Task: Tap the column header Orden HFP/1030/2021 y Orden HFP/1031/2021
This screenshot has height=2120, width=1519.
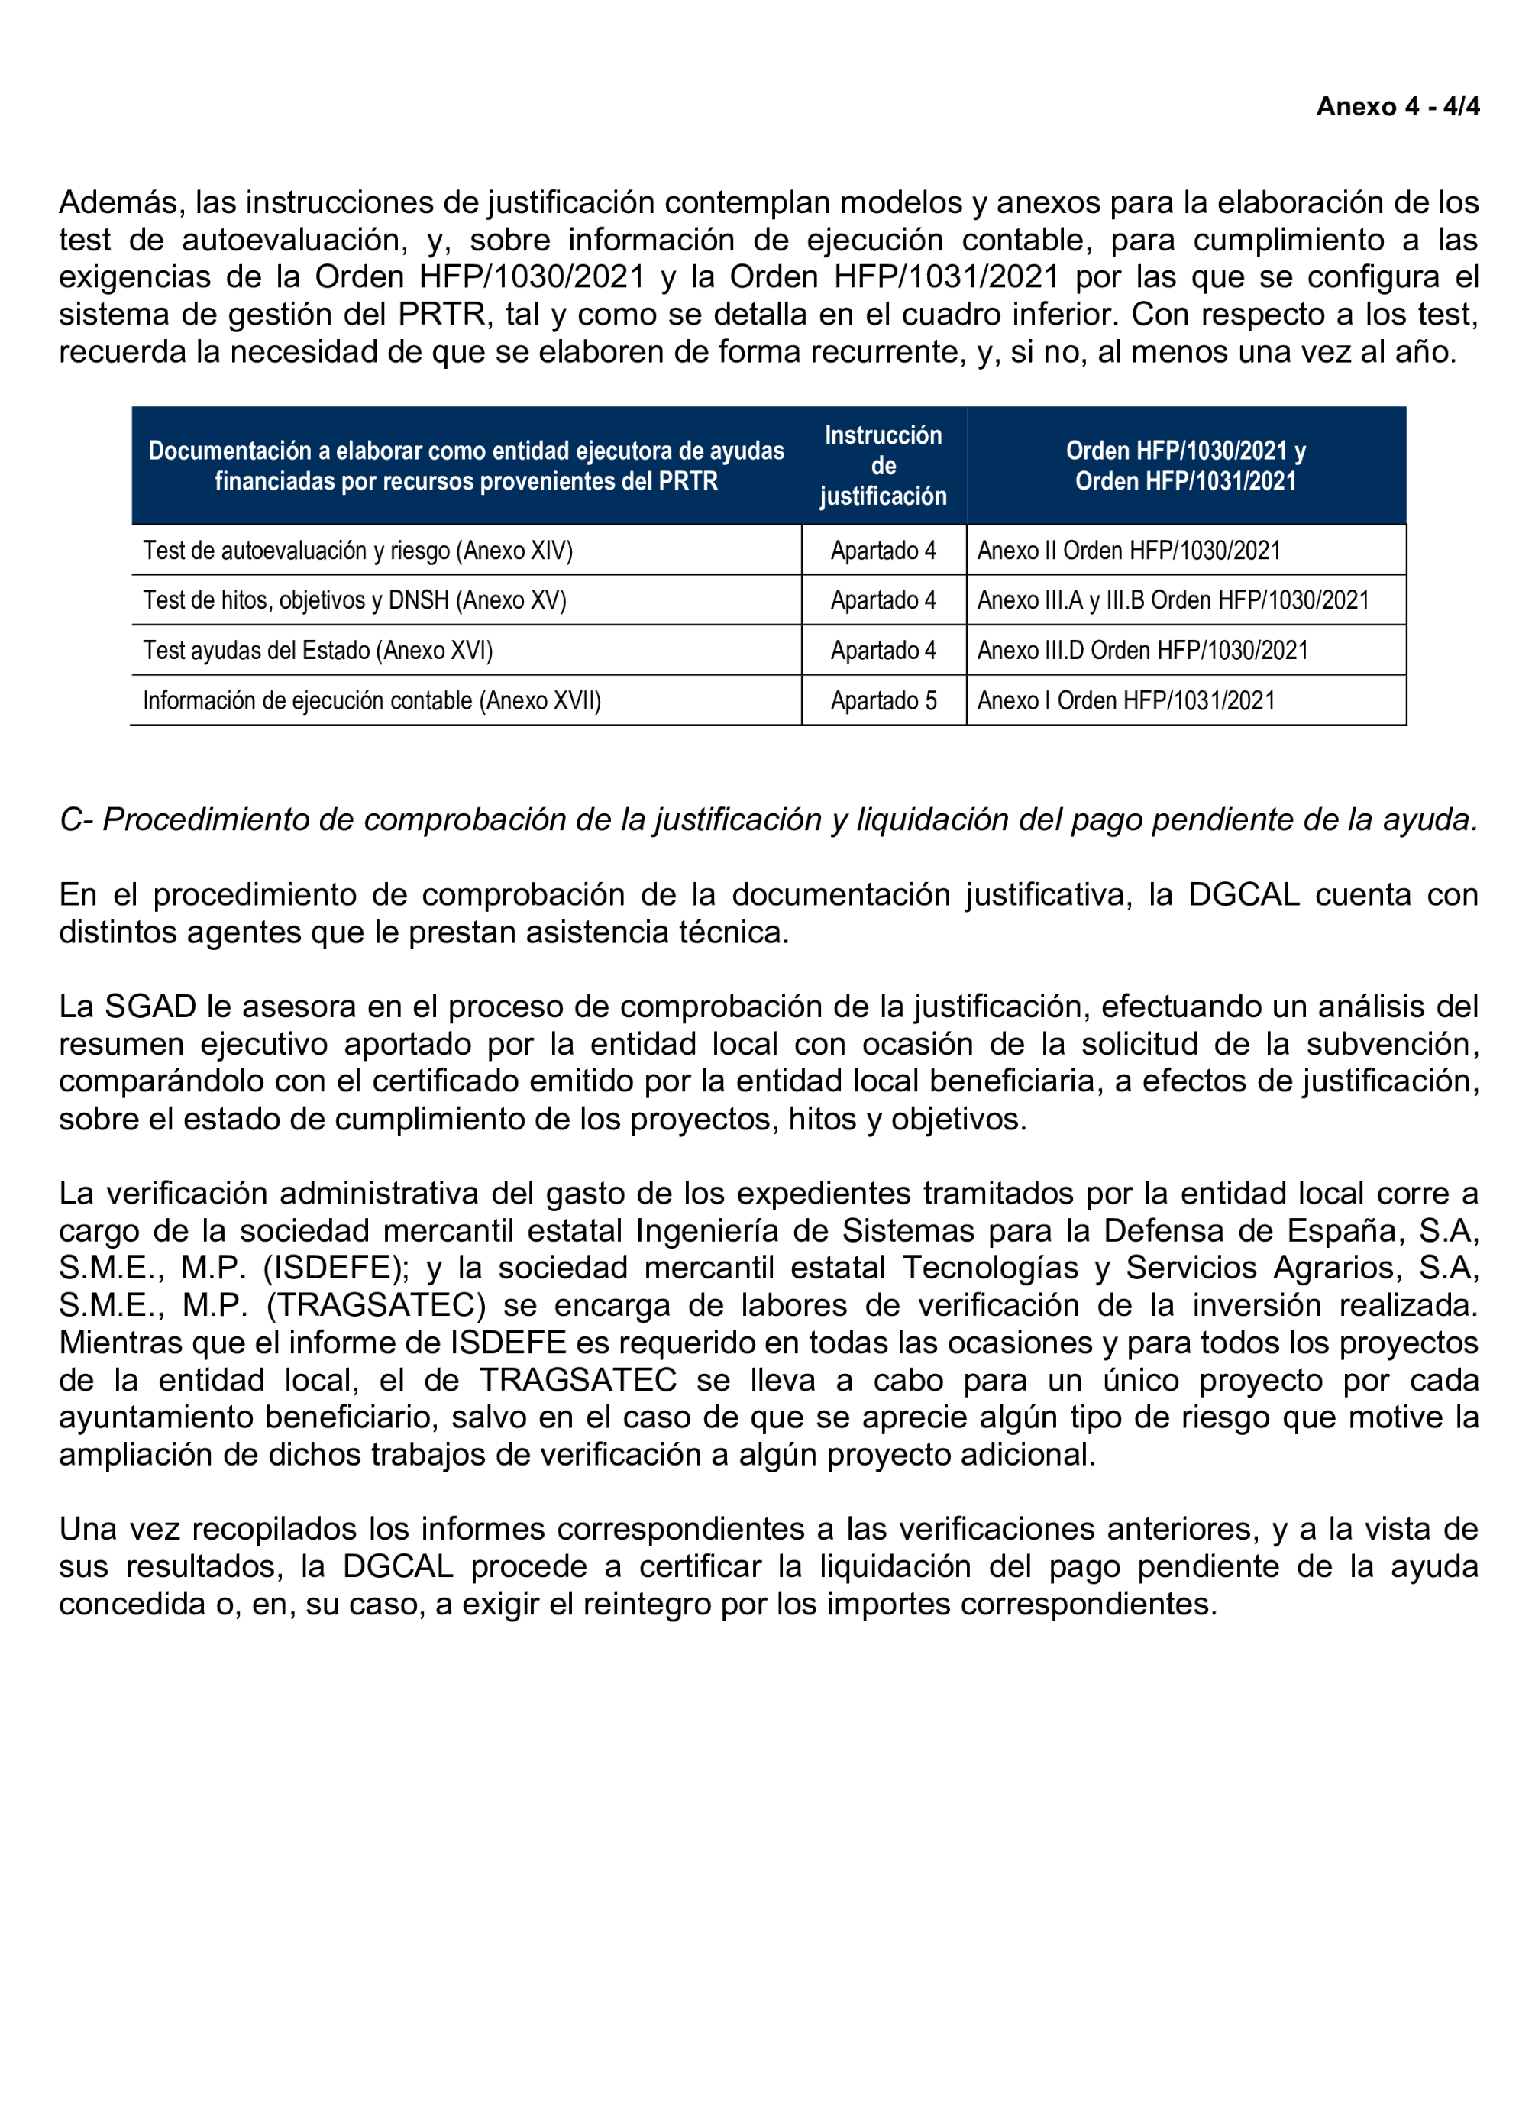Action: point(1184,466)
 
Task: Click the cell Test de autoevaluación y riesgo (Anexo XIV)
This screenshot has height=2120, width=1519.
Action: point(357,551)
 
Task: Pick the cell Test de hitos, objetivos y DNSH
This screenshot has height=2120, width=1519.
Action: point(354,600)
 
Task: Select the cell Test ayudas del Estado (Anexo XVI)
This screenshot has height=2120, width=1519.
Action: point(318,651)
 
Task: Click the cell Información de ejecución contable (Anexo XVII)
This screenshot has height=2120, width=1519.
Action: point(371,701)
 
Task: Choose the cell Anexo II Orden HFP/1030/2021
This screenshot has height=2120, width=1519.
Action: point(1128,551)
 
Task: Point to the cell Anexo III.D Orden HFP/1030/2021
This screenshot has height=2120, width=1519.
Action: point(1142,651)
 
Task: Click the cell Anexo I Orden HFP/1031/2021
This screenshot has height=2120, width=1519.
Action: point(1126,701)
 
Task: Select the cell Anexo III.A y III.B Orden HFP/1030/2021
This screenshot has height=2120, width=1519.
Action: point(1172,600)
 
